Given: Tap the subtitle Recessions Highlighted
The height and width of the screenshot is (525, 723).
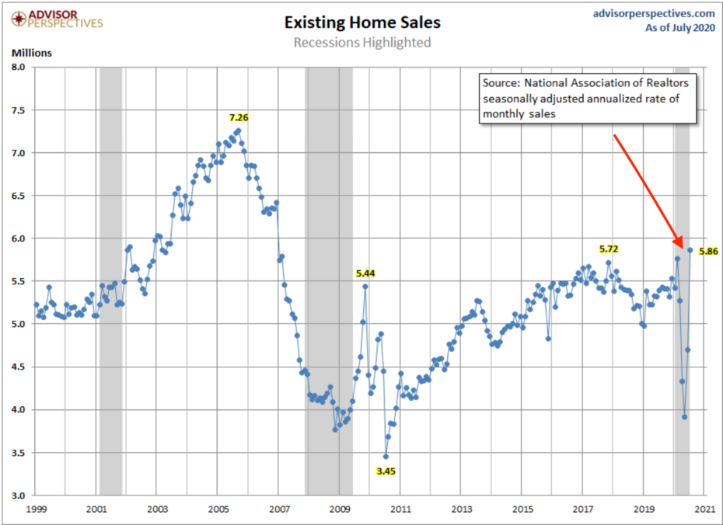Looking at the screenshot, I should point(361,42).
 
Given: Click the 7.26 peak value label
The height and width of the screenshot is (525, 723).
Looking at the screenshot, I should point(239,117).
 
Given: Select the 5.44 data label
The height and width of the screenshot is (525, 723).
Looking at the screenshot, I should point(365,273).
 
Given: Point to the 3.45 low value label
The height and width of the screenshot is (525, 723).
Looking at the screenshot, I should point(386,471).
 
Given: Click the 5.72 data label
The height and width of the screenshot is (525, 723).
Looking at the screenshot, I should point(609,249).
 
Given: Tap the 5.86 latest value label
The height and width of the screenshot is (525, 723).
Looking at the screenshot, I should point(708,251).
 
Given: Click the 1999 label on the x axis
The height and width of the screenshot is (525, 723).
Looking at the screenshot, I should point(36,509).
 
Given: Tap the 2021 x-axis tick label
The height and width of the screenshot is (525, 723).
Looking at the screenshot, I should point(704,509).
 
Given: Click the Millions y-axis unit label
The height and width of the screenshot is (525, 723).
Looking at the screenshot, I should point(31,53).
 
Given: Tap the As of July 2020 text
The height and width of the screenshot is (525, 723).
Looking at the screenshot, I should point(679,29).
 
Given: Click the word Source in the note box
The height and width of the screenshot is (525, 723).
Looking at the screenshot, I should point(501,82).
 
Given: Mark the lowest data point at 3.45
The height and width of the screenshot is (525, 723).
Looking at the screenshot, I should point(385,456).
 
